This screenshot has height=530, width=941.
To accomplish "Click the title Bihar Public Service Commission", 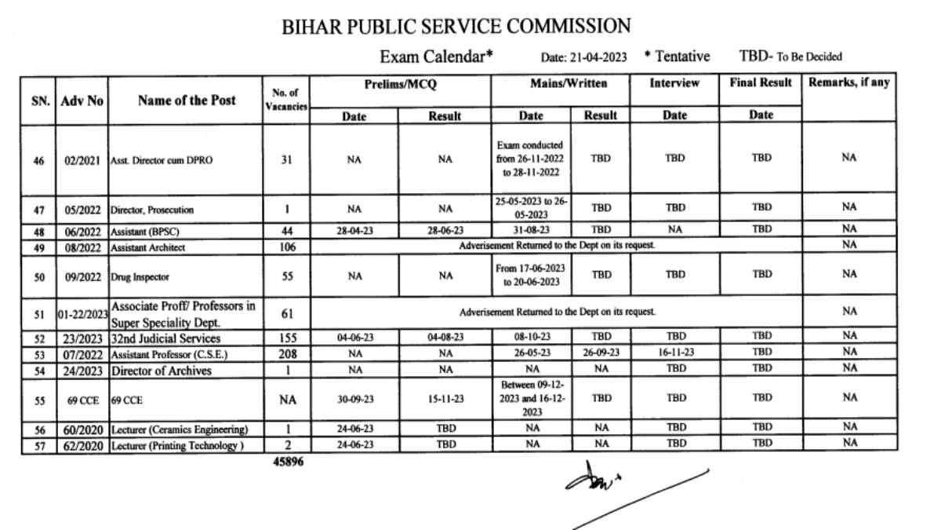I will (456, 26).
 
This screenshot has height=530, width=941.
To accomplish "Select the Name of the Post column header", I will (187, 100).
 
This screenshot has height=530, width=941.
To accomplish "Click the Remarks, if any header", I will (849, 82).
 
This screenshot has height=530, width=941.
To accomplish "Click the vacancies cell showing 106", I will (287, 247).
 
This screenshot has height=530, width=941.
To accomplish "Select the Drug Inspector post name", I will (140, 276).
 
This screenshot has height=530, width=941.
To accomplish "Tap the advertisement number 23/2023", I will (82, 338).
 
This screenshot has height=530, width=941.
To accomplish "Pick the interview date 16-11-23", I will (674, 353).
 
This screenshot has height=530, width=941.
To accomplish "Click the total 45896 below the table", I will (288, 462).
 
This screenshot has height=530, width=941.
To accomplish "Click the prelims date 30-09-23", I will (355, 399).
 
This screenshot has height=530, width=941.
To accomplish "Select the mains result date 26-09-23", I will (601, 353).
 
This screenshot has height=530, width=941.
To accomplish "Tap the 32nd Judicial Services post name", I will (165, 338).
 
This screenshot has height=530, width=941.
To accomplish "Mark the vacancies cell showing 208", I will (287, 353).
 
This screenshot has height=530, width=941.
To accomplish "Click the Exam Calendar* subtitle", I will (436, 57).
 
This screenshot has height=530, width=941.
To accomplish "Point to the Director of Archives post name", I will (161, 370).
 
